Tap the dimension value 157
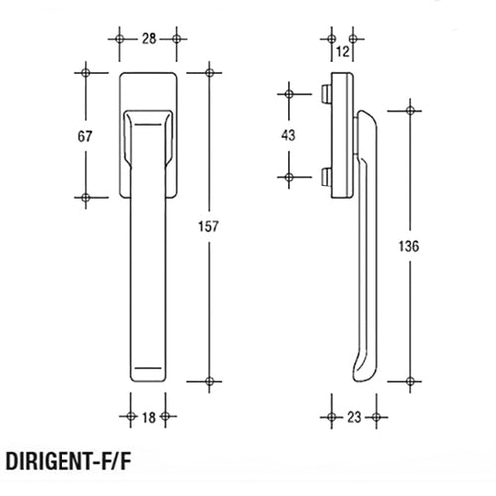210,227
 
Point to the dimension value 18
147,418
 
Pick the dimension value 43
289,135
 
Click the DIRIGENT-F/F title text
69,462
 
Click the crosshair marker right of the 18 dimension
166,418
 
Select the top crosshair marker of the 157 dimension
210,73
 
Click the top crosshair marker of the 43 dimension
289,94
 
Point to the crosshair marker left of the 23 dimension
331,418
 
